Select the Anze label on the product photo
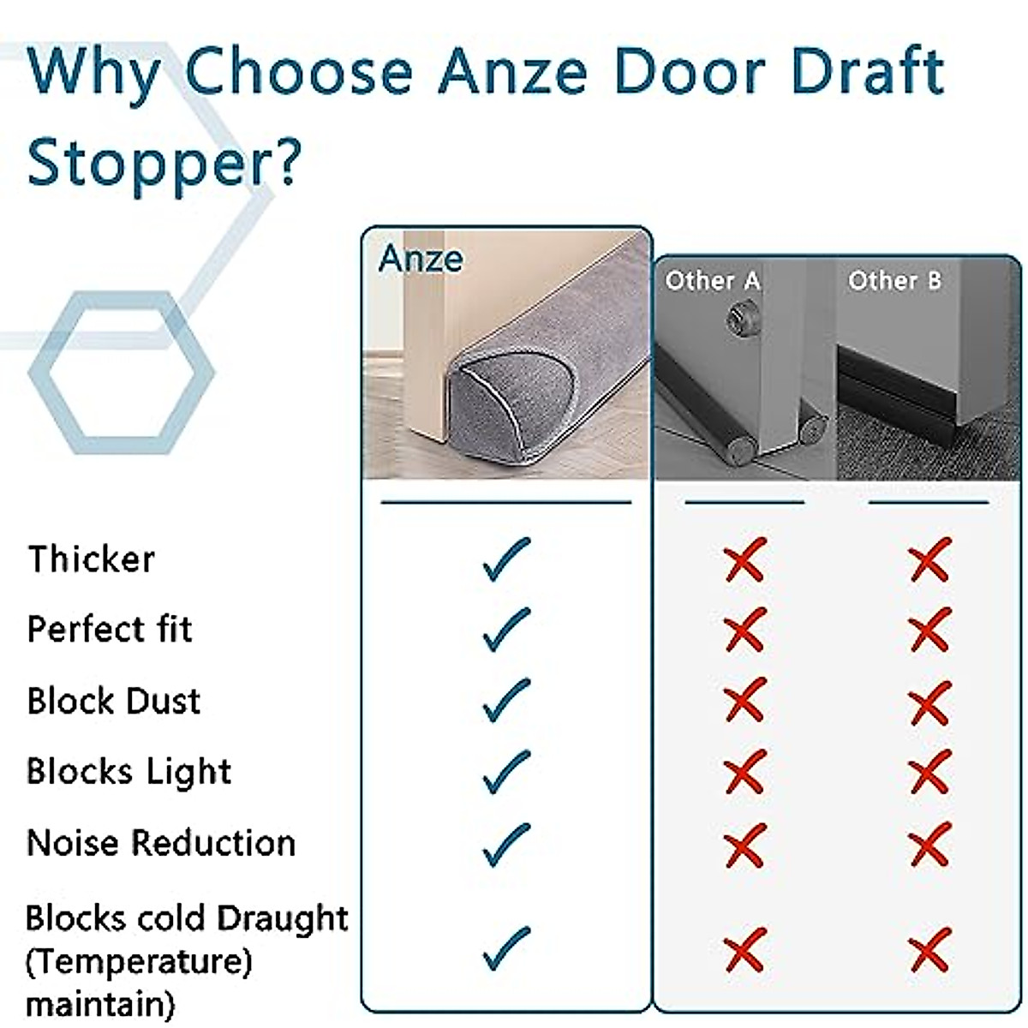[421, 259]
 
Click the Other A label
[713, 281]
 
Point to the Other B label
[894, 281]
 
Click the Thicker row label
[92, 559]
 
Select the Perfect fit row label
[110, 630]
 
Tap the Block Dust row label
[114, 701]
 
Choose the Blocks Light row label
[129, 772]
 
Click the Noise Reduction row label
[161, 843]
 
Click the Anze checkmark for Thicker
[506, 559]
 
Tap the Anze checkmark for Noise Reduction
[506, 845]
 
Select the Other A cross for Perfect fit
[744, 631]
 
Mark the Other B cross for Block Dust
[930, 702]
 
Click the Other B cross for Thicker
[930, 559]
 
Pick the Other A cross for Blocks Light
[744, 773]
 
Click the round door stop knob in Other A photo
[736, 319]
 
